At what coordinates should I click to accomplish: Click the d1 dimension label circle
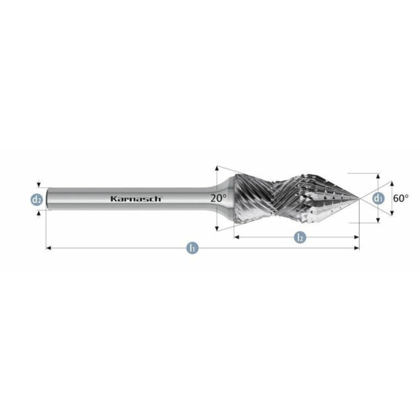378,198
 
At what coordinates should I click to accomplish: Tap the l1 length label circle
193,248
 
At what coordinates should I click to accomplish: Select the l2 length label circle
300,237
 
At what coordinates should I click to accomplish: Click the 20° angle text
218,198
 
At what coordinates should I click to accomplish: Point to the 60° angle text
401,198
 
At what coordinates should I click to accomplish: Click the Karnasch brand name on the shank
136,199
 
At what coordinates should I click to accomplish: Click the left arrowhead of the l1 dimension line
48,248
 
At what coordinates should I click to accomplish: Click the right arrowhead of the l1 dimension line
357,248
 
